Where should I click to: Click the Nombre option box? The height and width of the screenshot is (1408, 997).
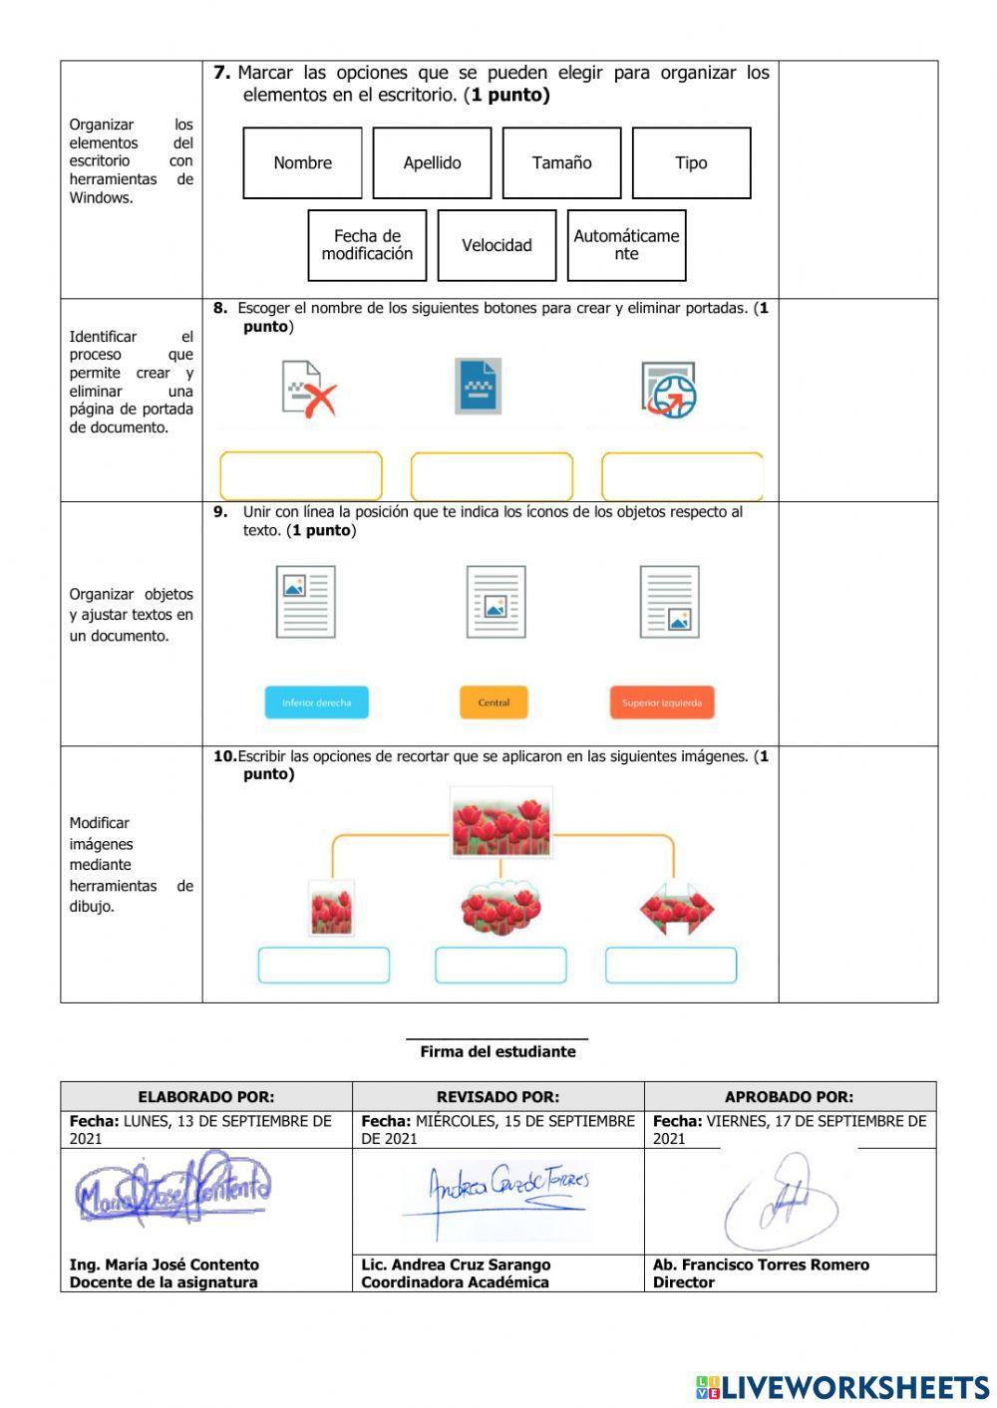click(x=302, y=162)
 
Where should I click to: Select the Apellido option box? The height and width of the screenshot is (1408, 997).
click(x=432, y=162)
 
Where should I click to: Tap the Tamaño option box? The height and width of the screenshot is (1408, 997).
click(x=561, y=162)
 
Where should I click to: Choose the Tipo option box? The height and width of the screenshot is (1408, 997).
click(x=691, y=162)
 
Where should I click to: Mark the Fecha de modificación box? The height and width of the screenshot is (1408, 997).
click(x=367, y=245)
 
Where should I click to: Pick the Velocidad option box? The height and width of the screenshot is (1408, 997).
click(x=497, y=245)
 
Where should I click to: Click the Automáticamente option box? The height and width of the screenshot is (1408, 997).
click(x=626, y=245)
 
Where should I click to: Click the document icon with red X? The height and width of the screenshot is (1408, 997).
click(x=308, y=389)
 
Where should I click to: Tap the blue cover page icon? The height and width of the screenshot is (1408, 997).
click(x=479, y=386)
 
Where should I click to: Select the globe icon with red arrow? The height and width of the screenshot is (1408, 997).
click(x=668, y=389)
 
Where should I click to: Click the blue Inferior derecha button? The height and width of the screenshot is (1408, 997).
click(x=316, y=703)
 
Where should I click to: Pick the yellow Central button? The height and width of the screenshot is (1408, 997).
click(x=494, y=703)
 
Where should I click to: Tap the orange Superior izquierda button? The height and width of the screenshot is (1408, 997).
click(x=662, y=703)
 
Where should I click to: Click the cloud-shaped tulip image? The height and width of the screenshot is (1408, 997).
click(x=500, y=907)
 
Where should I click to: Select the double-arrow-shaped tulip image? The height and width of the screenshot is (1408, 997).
click(x=677, y=909)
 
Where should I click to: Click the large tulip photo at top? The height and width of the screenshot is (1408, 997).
click(x=500, y=823)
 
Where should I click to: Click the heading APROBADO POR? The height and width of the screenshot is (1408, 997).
click(x=789, y=1096)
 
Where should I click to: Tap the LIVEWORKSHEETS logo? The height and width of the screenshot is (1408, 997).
click(x=842, y=1387)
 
